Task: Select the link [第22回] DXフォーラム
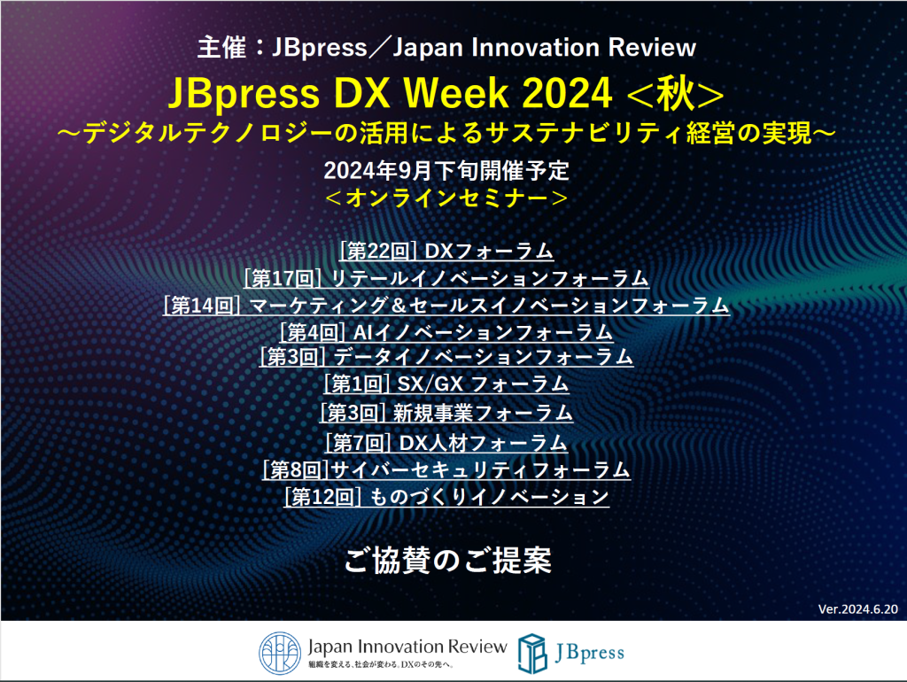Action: pyautogui.click(x=446, y=251)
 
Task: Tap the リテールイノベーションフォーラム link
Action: pyautogui.click(x=446, y=278)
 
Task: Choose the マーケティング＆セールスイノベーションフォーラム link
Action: pyautogui.click(x=446, y=306)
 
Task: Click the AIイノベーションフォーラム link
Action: pyautogui.click(x=446, y=332)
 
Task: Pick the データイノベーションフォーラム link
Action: pyautogui.click(x=446, y=357)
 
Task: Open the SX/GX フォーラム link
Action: pyautogui.click(x=446, y=384)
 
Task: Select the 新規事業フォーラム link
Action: pyautogui.click(x=446, y=413)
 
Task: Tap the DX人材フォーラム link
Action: pyautogui.click(x=446, y=442)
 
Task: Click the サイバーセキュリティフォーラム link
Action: pyautogui.click(x=446, y=469)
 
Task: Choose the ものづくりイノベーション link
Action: pyautogui.click(x=446, y=497)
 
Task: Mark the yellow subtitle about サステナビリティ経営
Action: pyautogui.click(x=446, y=134)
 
